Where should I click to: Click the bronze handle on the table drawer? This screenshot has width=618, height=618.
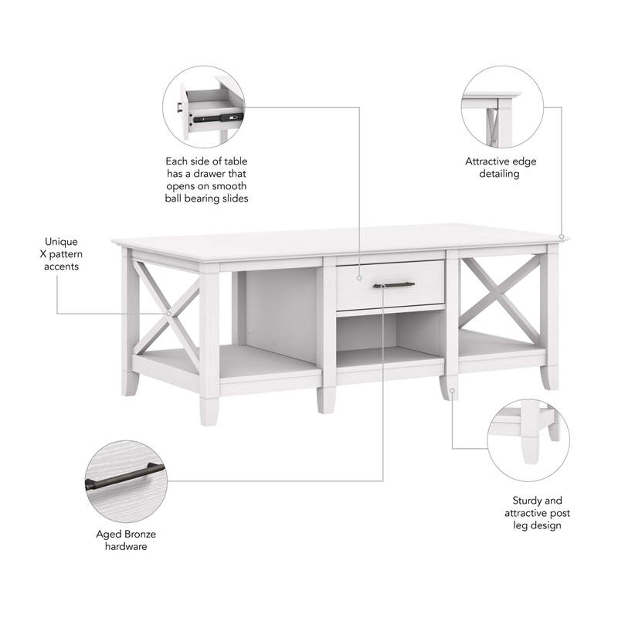coord(394,285)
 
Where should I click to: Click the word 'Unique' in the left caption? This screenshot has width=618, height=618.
coord(61,242)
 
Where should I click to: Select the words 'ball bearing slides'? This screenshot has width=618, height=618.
coord(206,199)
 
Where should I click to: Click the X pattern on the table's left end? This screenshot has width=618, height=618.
coord(165,313)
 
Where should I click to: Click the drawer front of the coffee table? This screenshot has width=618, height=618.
coord(390,284)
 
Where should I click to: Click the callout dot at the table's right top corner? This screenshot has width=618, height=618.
coord(562,236)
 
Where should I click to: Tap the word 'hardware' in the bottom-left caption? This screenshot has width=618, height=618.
coord(125,547)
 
